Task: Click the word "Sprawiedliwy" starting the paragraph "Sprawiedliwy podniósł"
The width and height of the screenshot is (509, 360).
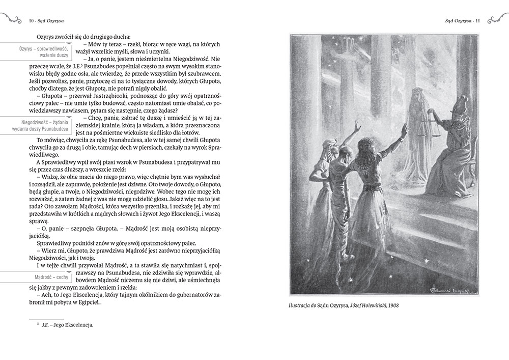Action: (x=54, y=244)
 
